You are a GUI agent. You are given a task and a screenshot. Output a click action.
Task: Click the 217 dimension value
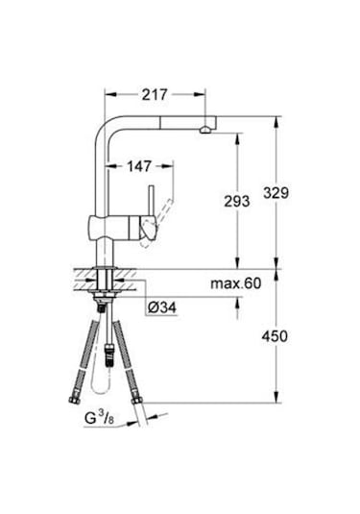(x=154, y=95)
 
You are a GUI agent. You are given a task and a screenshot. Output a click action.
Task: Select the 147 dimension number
(x=141, y=166)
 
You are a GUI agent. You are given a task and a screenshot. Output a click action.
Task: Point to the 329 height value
(x=276, y=192)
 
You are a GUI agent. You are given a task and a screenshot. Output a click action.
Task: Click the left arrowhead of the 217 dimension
(x=108, y=95)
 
